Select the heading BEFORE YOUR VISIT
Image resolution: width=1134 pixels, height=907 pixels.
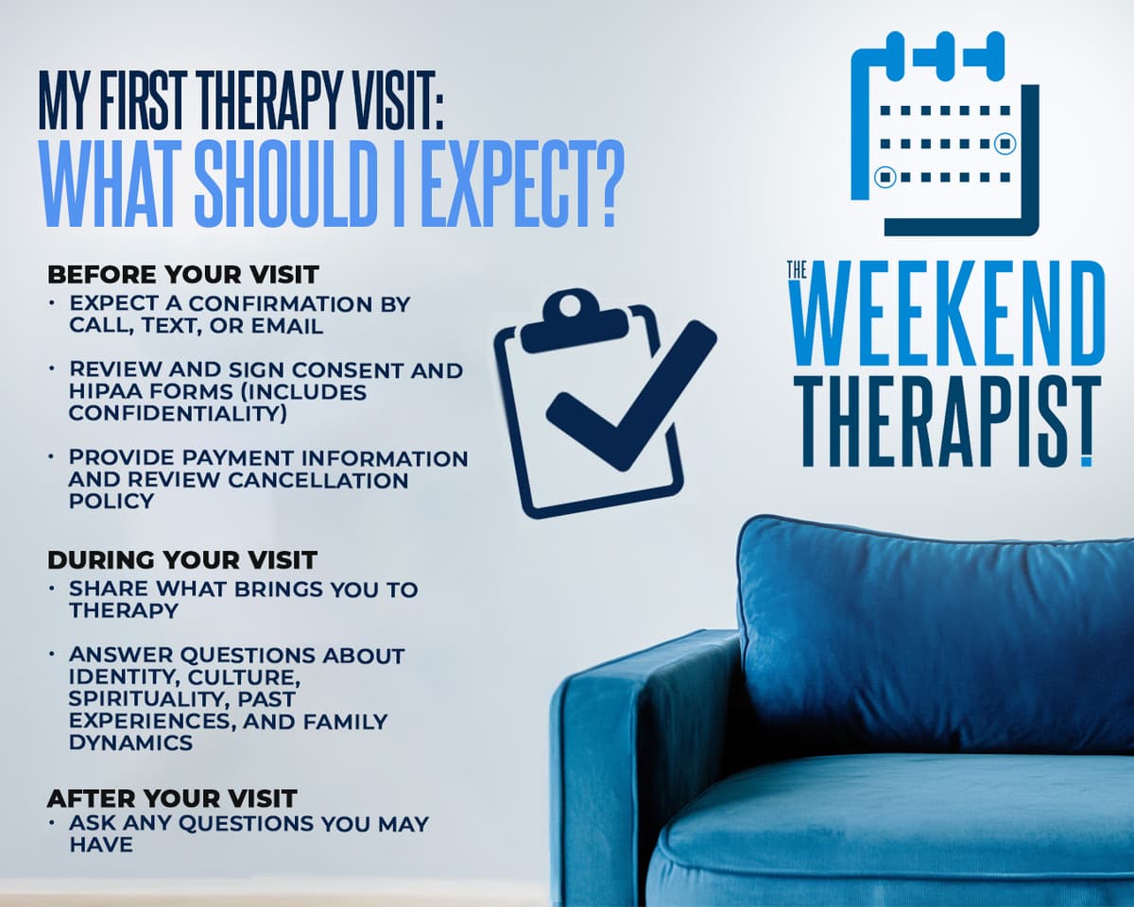coord(183,275)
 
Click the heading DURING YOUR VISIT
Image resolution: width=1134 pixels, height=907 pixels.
coord(182,559)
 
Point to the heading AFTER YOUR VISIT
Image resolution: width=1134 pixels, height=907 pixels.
coord(172,798)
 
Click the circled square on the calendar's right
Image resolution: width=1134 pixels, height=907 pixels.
coord(1005,144)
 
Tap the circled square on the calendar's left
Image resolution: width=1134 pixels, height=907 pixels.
coord(885,177)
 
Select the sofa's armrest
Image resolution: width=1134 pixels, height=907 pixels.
coord(605,756)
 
